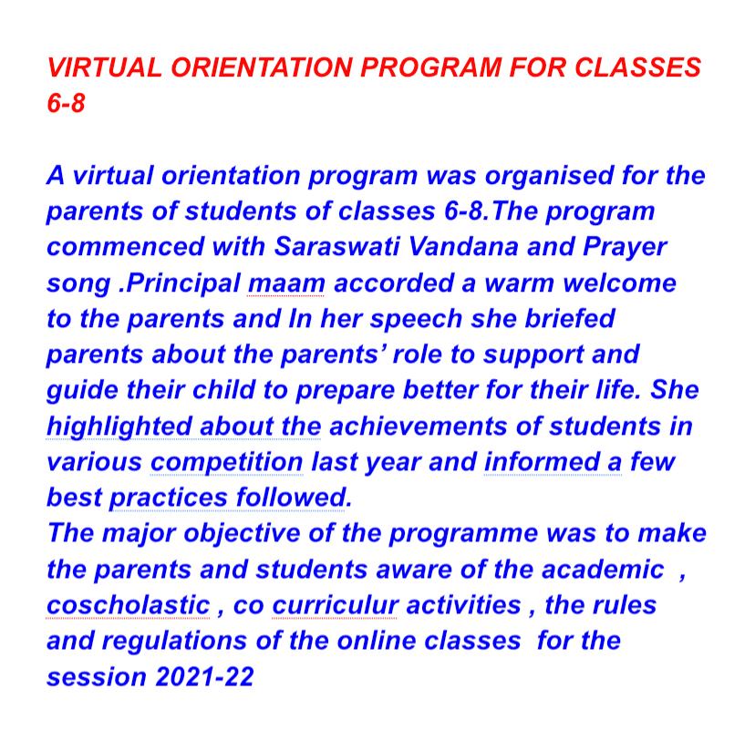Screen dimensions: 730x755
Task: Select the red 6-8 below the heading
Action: (x=66, y=103)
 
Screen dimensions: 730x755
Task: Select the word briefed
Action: (x=563, y=318)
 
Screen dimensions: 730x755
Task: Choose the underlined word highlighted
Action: (x=118, y=426)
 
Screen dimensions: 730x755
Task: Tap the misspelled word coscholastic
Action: (x=128, y=604)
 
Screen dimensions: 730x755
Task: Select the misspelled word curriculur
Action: (x=336, y=604)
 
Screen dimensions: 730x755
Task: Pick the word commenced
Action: (x=119, y=246)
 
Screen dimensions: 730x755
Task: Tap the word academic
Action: (x=602, y=569)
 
